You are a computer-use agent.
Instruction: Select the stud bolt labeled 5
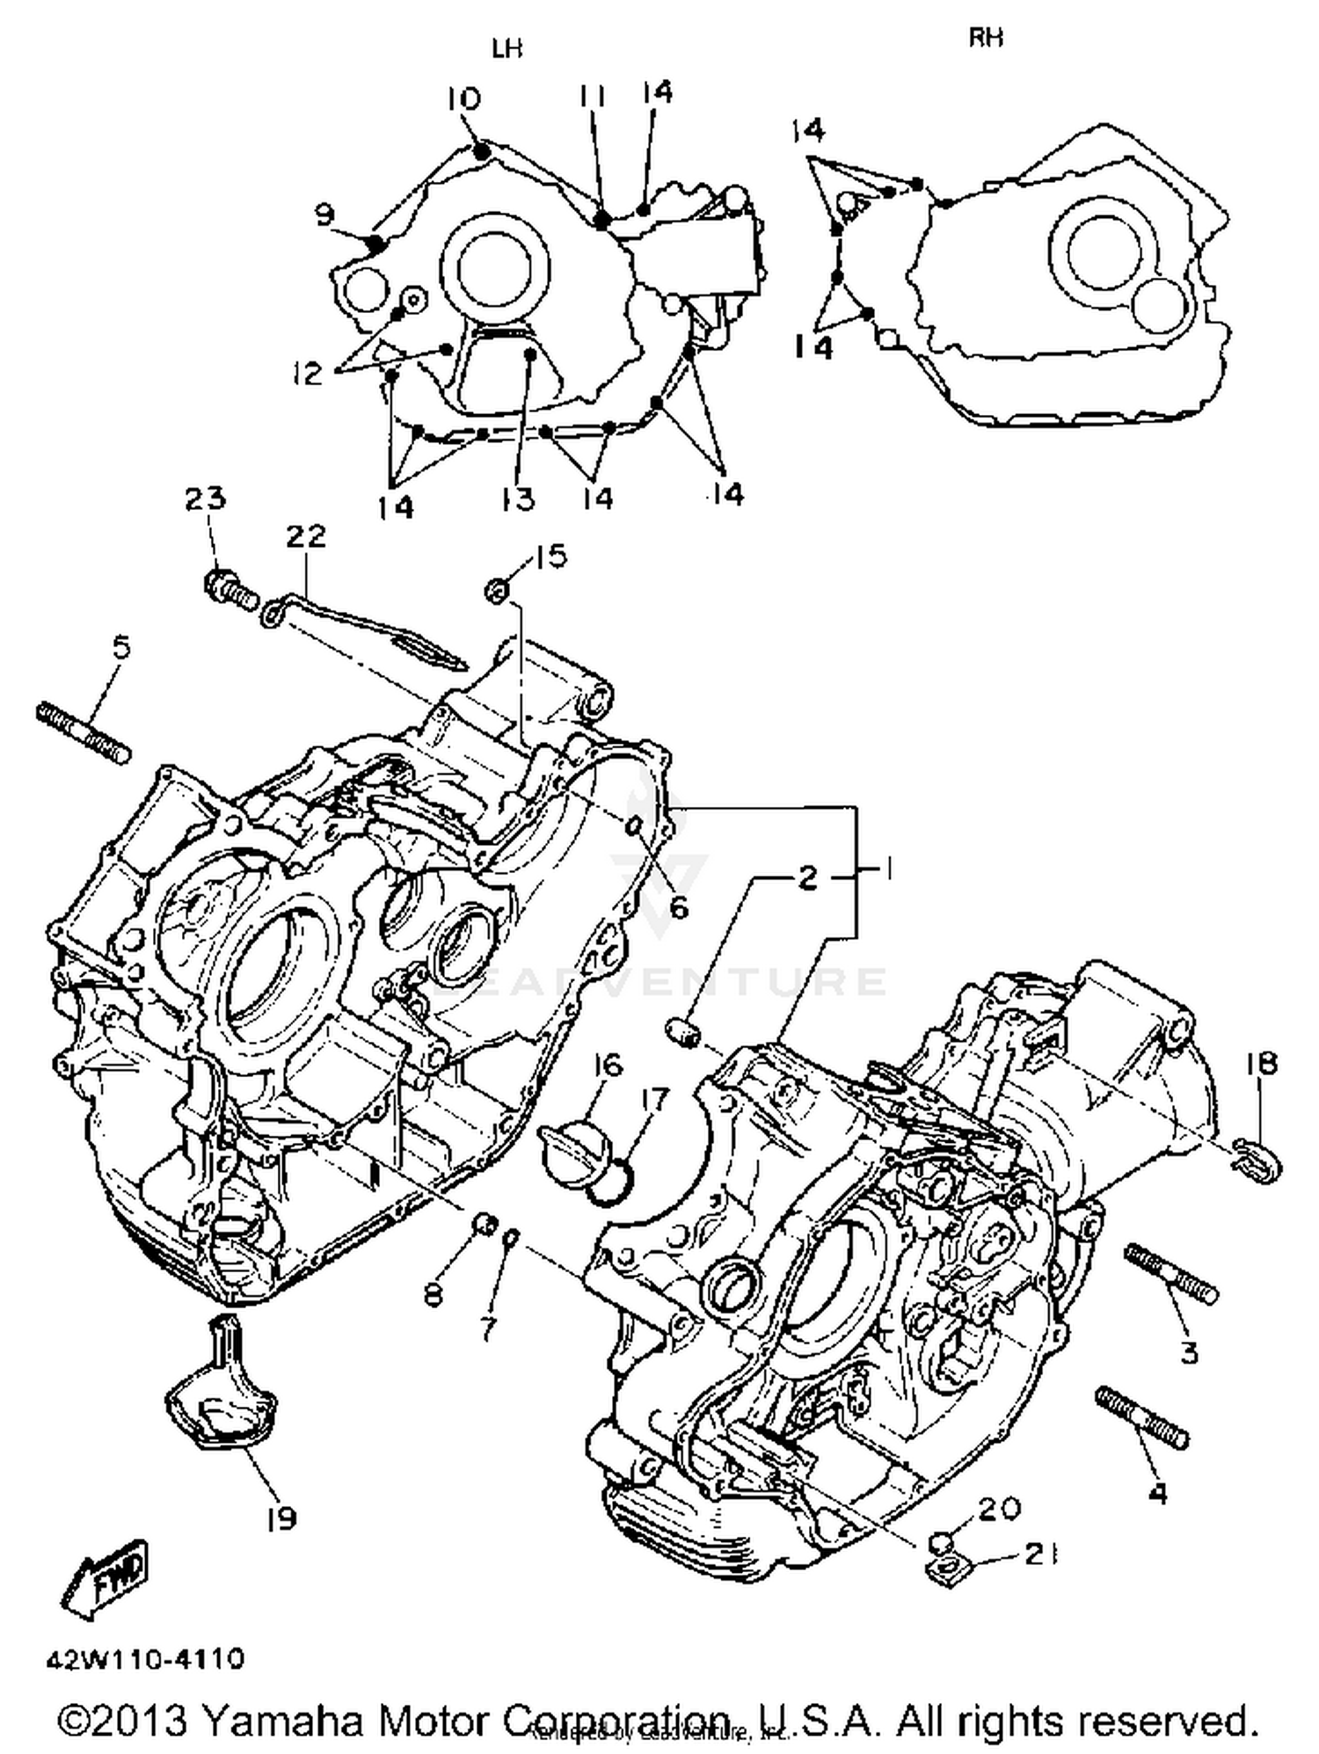pyautogui.click(x=84, y=731)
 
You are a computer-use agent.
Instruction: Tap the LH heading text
pyautogui.click(x=506, y=49)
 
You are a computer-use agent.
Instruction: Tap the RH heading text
pyautogui.click(x=986, y=38)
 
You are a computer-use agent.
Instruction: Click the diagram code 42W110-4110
pyautogui.click(x=145, y=1659)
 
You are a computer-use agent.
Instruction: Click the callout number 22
pyautogui.click(x=305, y=535)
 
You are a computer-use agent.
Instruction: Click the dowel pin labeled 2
pyautogui.click(x=684, y=1031)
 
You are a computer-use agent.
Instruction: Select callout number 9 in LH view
pyautogui.click(x=324, y=214)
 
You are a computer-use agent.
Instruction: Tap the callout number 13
pyautogui.click(x=518, y=499)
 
